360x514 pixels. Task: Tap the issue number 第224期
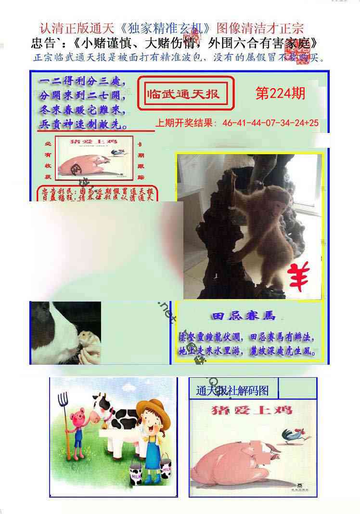[280, 93]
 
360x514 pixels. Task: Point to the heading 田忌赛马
[243, 316]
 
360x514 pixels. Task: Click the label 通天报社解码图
[232, 391]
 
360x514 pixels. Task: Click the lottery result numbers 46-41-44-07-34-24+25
[270, 123]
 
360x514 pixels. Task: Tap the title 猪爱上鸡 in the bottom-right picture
[252, 410]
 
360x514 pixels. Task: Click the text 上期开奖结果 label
[186, 123]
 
